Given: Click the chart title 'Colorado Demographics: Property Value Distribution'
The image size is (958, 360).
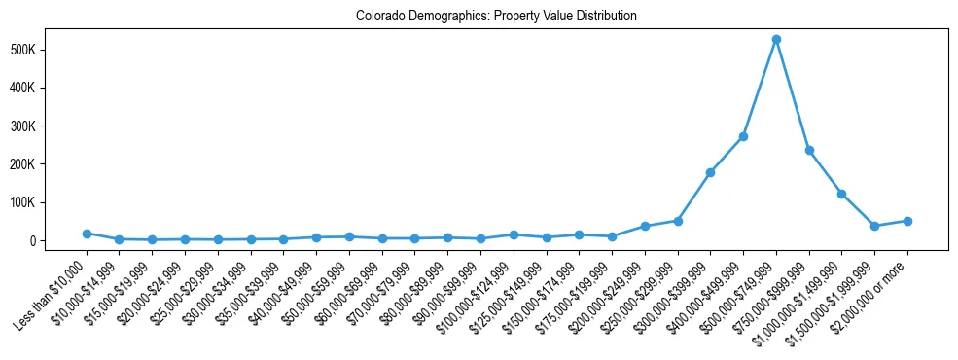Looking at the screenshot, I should click(496, 16).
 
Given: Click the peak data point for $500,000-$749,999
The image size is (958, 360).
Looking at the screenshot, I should click(776, 40).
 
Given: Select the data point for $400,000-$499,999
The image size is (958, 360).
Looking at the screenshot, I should click(743, 136).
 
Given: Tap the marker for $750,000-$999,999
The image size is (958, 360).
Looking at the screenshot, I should click(809, 150).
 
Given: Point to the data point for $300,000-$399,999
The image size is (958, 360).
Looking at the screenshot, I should click(710, 172).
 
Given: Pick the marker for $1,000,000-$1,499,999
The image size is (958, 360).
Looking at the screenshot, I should click(842, 194).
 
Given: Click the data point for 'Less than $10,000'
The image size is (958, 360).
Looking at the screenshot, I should click(87, 234).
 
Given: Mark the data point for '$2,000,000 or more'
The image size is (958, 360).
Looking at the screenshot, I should click(907, 221).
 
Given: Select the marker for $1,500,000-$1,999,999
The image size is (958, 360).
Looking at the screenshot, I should click(874, 226).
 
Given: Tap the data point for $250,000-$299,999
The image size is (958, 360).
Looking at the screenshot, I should click(678, 221).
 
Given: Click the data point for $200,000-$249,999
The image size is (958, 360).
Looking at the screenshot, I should click(645, 226).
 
